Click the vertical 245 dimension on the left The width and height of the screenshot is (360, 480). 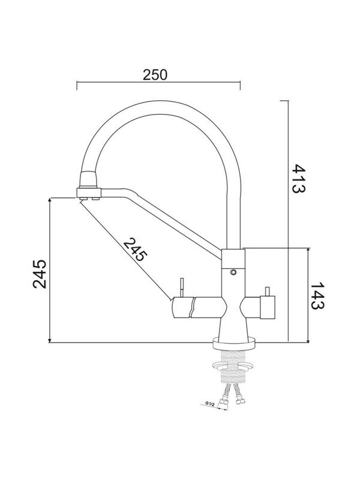(38, 274)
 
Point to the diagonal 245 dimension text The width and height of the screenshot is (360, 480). (134, 248)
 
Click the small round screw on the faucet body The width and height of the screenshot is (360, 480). (233, 273)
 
